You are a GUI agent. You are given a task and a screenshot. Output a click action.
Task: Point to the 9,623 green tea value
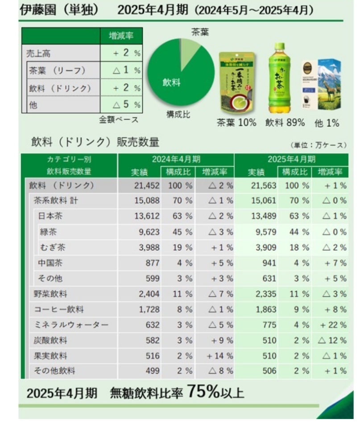pos(144,232)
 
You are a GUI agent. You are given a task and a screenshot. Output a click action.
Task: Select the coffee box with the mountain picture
pos(322,84)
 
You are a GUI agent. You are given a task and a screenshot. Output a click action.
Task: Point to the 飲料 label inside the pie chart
pos(171,83)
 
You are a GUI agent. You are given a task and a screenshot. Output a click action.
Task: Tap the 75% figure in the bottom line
pos(203,391)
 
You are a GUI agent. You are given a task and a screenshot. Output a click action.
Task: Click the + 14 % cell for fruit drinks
pos(220,356)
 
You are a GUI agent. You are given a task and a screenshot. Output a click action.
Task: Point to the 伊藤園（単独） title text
pos(60,10)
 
